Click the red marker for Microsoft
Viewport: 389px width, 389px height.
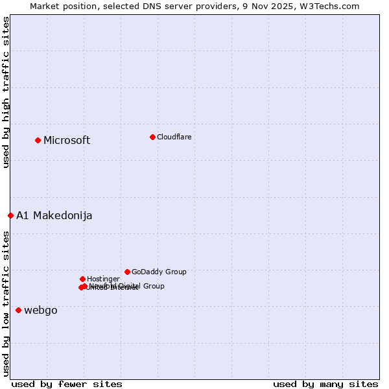[38, 140]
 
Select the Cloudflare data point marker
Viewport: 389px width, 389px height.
[152, 137]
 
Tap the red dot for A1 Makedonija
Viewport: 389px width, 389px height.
[10, 215]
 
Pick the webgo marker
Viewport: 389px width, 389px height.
[18, 310]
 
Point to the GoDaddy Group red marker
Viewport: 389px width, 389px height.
[127, 272]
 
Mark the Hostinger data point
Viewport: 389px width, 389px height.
[82, 279]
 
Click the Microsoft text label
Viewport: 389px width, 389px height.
[67, 141]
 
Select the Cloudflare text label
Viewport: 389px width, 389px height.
[174, 137]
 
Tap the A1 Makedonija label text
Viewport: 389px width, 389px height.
[54, 216]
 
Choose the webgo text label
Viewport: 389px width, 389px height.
[41, 311]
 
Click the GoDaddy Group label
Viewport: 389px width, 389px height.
[159, 272]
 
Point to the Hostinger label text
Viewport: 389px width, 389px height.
[103, 279]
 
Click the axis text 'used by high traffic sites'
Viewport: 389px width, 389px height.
[6, 92]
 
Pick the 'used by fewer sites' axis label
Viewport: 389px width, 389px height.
[67, 384]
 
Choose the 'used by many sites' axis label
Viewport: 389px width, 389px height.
[325, 384]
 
